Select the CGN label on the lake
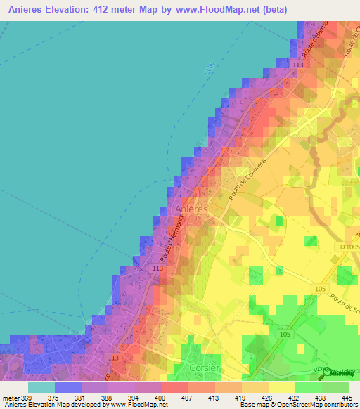click(x=209, y=68)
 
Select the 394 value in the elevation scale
click(x=136, y=398)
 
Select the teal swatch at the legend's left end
click(x=41, y=387)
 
